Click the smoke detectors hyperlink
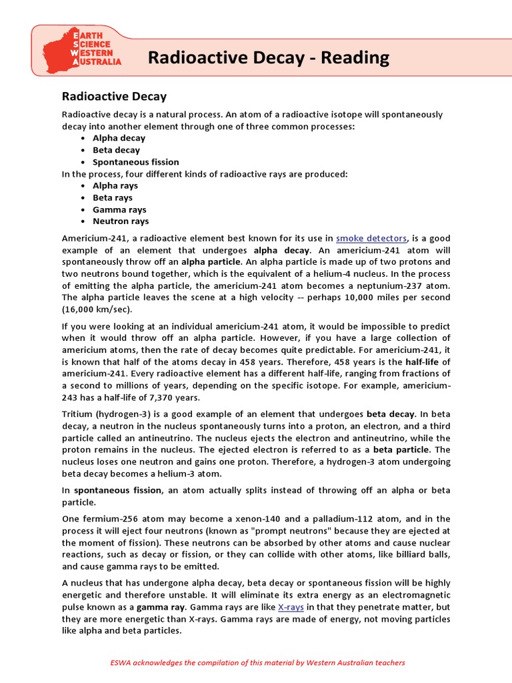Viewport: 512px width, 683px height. point(371,238)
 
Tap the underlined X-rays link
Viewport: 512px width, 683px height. point(290,608)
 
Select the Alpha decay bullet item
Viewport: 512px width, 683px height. point(119,138)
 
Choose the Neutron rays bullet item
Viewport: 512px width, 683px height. point(121,221)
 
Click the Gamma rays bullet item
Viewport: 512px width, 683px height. point(119,209)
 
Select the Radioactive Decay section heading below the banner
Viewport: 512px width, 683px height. point(114,97)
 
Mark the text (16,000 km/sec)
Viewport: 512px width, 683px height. point(97,310)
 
